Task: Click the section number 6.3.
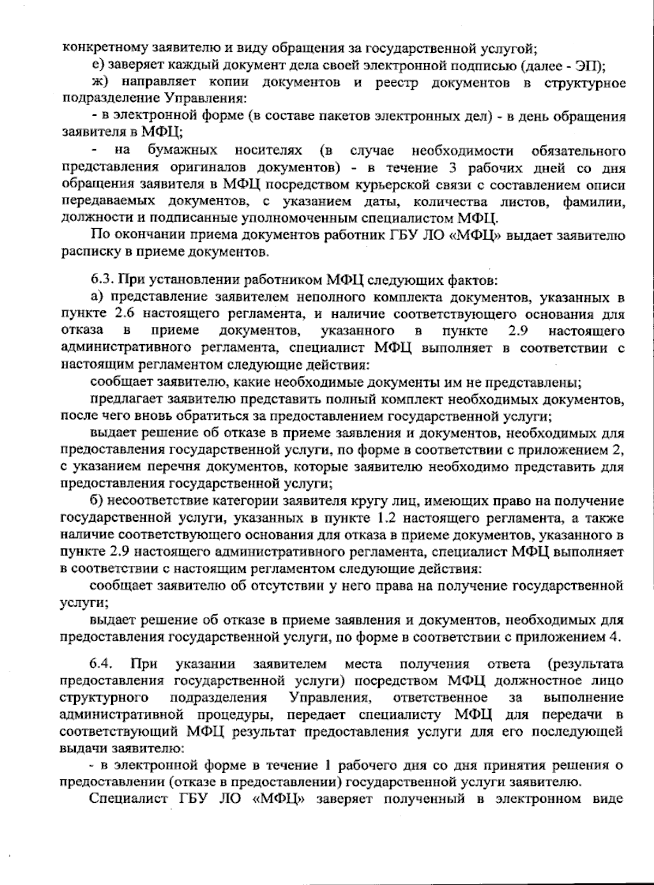point(101,281)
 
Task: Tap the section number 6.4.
point(101,664)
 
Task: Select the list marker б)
point(99,501)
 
